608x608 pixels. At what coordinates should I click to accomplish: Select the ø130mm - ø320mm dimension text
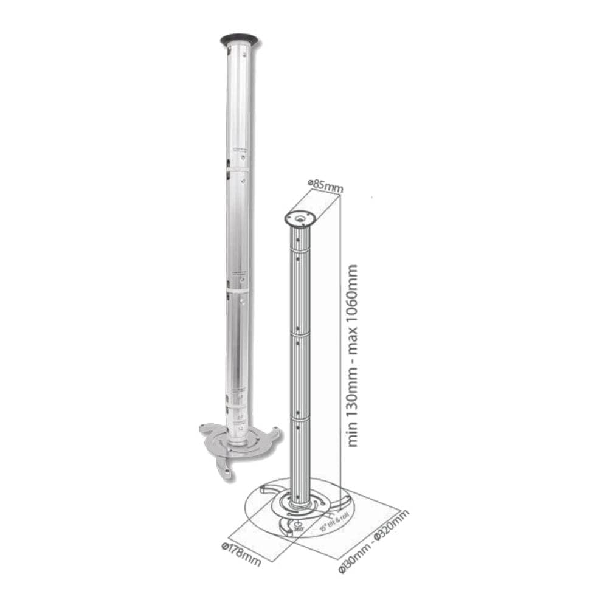coord(375,541)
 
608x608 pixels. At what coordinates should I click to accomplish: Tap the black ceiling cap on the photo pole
coord(239,41)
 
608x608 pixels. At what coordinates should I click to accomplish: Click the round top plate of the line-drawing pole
coord(300,218)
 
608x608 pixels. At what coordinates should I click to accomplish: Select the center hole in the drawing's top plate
coord(300,217)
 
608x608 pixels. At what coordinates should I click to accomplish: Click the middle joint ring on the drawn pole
coord(300,334)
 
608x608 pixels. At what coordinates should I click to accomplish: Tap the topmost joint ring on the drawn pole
coord(300,250)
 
